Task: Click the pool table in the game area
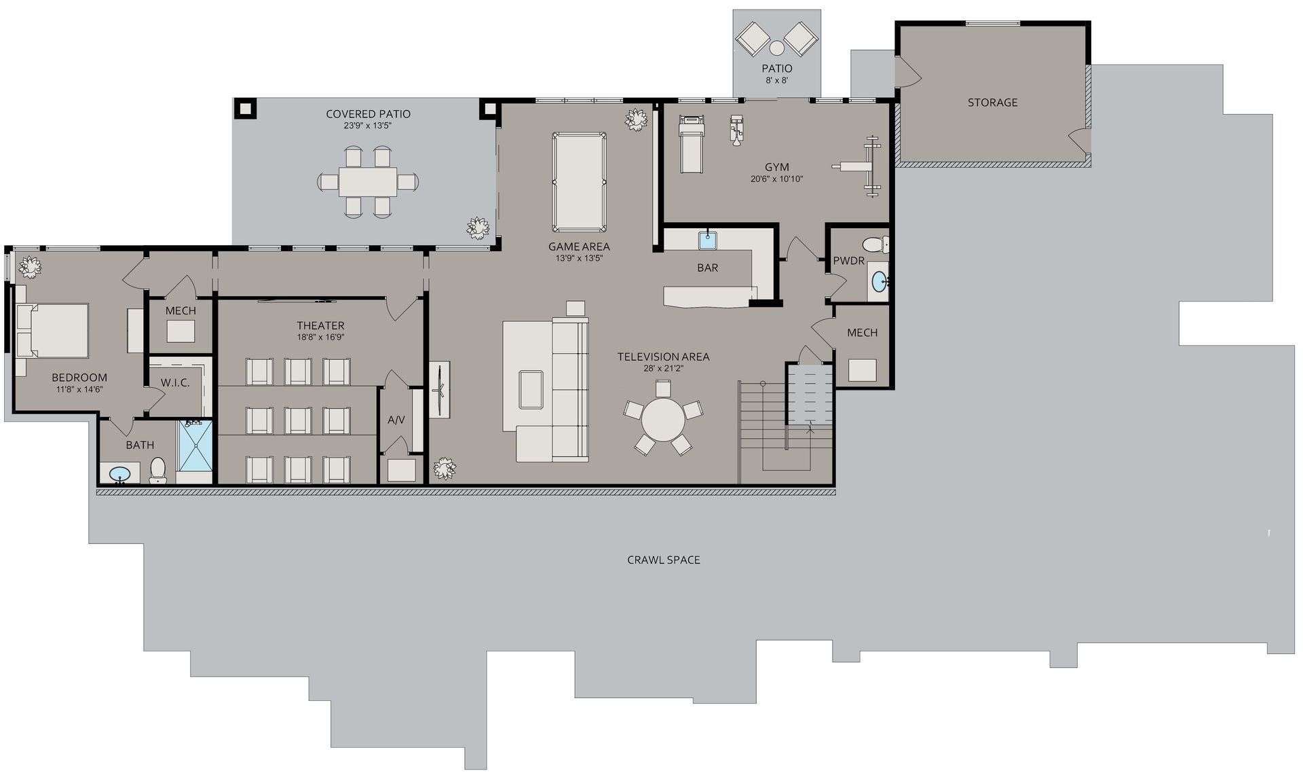[x=579, y=182]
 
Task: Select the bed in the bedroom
[x=52, y=330]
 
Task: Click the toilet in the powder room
[x=875, y=244]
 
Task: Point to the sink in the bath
[x=120, y=473]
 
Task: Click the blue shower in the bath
[x=195, y=445]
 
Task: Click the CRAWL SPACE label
[x=663, y=560]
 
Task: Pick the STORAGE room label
[x=992, y=103]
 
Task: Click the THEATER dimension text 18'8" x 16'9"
[x=320, y=338]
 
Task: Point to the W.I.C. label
[x=175, y=383]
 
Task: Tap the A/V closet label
[x=396, y=420]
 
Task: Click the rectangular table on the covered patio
[x=368, y=182]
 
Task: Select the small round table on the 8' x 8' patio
[x=776, y=48]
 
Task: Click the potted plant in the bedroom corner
[x=29, y=267]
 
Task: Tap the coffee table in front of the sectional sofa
[x=531, y=390]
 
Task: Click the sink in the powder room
[x=879, y=282]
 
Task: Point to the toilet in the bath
[x=157, y=470]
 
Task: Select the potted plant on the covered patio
[x=478, y=228]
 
